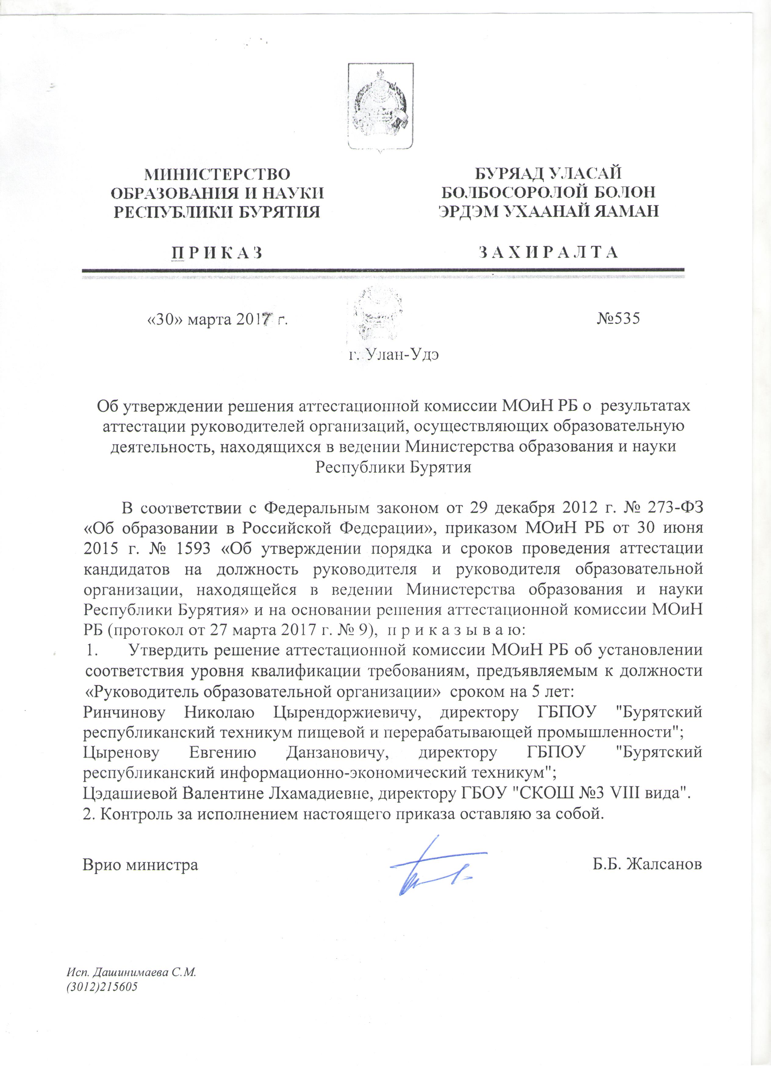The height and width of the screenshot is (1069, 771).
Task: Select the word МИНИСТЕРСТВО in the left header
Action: tap(217, 174)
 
